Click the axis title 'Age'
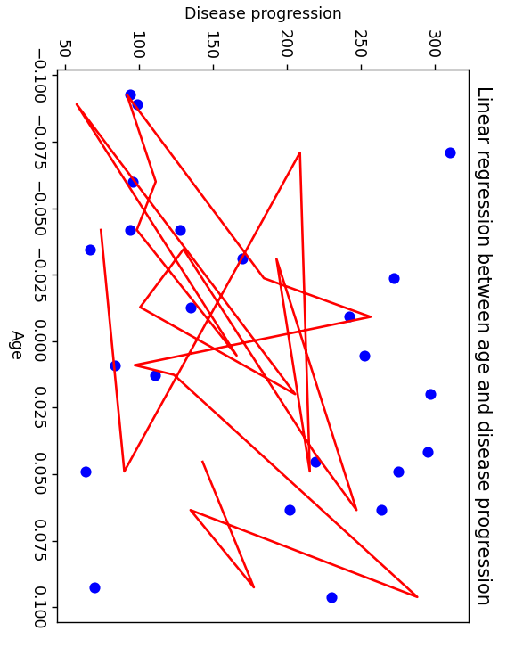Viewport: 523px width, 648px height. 15,344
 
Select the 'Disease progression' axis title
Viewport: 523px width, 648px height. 263,13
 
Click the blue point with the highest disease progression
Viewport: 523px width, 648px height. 450,152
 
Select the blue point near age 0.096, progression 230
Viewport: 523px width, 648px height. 331,597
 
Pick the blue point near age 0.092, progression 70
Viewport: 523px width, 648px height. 94,587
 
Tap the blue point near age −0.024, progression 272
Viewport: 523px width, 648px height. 394,278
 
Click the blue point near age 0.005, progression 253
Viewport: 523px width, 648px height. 364,356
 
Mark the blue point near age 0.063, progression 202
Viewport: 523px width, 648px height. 290,510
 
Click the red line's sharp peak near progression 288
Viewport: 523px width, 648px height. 417,596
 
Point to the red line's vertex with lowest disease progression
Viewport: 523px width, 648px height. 77,104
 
